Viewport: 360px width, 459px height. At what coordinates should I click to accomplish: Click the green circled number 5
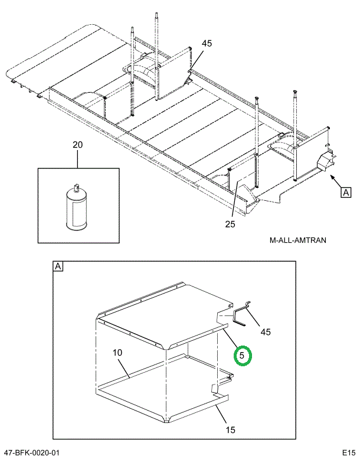(x=243, y=356)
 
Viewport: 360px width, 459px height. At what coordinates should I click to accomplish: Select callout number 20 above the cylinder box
(x=78, y=145)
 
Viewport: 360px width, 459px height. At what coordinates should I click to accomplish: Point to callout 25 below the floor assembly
(x=230, y=224)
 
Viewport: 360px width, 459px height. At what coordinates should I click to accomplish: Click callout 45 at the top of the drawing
(x=207, y=43)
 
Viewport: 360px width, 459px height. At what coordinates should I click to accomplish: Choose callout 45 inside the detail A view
(x=265, y=332)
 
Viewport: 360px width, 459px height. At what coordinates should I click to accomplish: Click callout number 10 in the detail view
(x=117, y=353)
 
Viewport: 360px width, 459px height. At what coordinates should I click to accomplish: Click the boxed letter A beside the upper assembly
(x=345, y=191)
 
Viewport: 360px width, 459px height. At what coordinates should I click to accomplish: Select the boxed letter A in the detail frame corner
(x=58, y=266)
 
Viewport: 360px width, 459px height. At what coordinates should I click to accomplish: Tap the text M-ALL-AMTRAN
(x=297, y=240)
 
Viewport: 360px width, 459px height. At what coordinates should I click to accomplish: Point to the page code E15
(x=348, y=452)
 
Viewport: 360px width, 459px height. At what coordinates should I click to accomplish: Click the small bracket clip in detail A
(x=241, y=312)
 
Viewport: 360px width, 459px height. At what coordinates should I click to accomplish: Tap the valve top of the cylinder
(x=75, y=187)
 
